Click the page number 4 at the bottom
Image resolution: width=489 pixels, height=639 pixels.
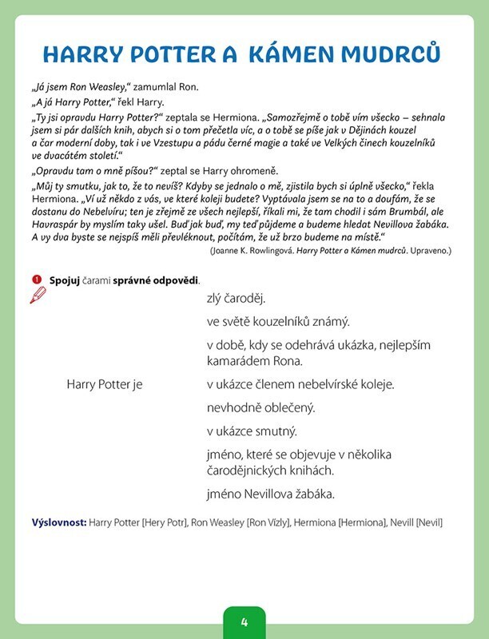[245, 622]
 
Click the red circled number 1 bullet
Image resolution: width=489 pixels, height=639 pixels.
[36, 280]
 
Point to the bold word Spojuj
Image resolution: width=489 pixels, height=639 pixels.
[64, 280]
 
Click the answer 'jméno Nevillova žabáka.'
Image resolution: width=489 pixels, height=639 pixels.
[270, 494]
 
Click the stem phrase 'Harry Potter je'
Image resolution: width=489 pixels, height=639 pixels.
[104, 384]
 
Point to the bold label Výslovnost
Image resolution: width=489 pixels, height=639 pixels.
[59, 523]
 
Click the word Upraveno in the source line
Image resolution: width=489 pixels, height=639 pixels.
[428, 250]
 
